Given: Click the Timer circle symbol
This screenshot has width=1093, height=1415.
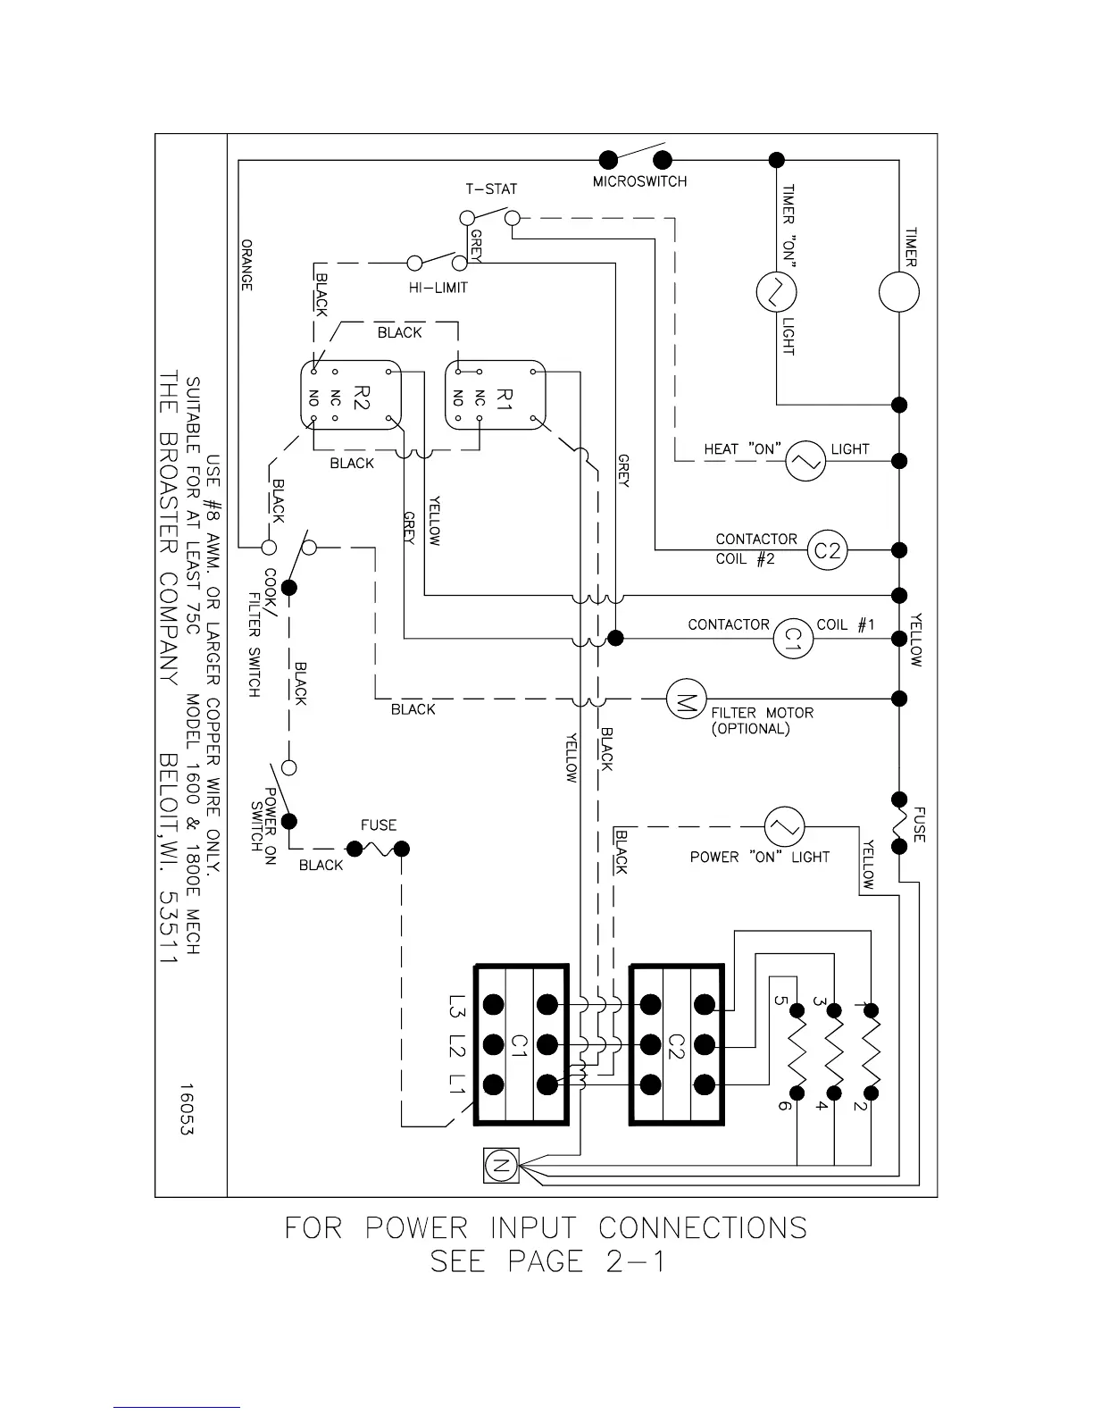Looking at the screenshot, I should click(898, 292).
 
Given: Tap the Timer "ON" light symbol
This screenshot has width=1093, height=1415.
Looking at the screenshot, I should click(776, 292).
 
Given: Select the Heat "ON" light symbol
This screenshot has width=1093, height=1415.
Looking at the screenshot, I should click(805, 461).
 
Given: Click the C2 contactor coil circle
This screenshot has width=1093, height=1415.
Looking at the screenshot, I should click(828, 550).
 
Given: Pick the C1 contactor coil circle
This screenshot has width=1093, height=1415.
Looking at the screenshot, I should click(793, 638).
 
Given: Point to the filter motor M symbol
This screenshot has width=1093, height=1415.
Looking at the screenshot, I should click(687, 699).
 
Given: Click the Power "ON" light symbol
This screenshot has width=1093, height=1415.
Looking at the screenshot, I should click(785, 826).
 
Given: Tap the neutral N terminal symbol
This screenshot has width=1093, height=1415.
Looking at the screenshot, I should click(500, 1165).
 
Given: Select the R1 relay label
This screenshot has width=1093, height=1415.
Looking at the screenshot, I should click(504, 395).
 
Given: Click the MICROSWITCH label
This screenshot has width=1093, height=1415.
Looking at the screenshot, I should click(639, 182).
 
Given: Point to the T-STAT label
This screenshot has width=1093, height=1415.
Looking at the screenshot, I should click(491, 189).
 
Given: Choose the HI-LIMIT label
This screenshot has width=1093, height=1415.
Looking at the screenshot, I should click(438, 288).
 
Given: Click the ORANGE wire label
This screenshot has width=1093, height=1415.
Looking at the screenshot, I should click(247, 264).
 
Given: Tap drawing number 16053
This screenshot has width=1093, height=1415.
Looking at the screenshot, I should click(187, 1109).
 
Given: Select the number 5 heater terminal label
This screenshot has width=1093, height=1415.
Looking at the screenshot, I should click(783, 1001).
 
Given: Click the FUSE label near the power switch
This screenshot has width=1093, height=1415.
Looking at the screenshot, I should click(379, 825).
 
